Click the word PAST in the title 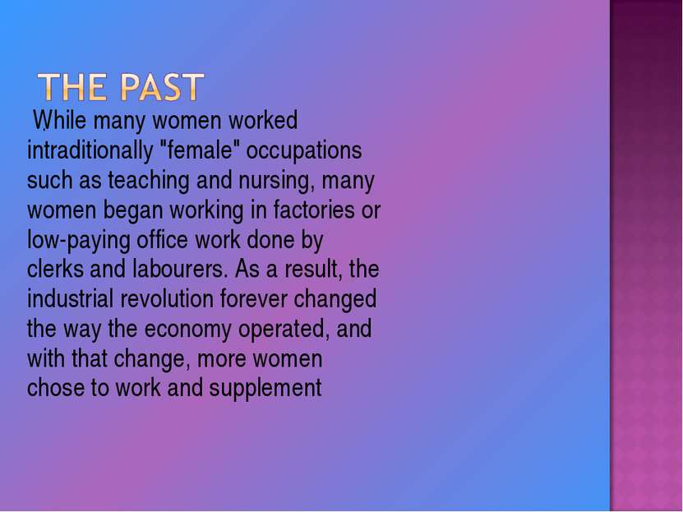tap(162, 87)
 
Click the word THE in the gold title tap(72, 87)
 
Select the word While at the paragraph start tap(60, 120)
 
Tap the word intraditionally tap(90, 150)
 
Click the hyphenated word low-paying tap(78, 241)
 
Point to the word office tap(163, 239)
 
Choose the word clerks tap(55, 269)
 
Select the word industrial tap(70, 298)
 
